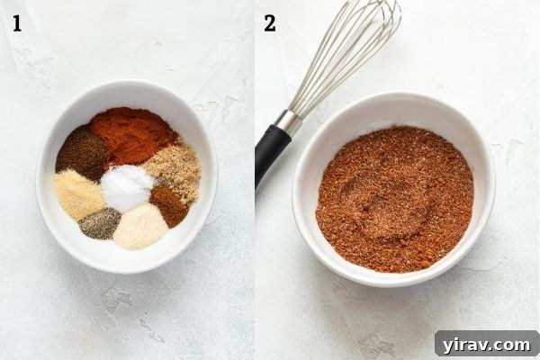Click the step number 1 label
point(16,23)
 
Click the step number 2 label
point(270,23)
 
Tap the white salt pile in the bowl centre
point(126,187)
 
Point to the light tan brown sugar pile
point(174,170)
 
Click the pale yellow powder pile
point(78,194)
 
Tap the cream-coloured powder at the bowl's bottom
point(139,227)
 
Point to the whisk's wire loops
point(346,54)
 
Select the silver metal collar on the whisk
point(288,122)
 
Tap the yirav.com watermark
point(487,344)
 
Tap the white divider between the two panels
point(255,180)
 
